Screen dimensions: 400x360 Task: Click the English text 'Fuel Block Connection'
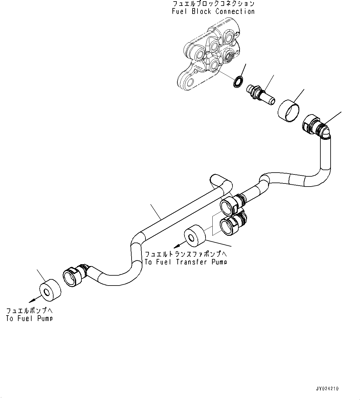coord(213,11)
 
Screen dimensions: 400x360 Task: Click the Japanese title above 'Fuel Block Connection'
coord(213,4)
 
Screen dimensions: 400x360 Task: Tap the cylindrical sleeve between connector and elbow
coord(288,111)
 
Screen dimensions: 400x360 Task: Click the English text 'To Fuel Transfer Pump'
coord(186,262)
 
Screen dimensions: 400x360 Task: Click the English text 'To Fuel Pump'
coord(29,318)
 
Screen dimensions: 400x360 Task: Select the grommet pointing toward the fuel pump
coord(50,290)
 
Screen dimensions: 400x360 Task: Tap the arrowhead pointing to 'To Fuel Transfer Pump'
coord(176,247)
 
